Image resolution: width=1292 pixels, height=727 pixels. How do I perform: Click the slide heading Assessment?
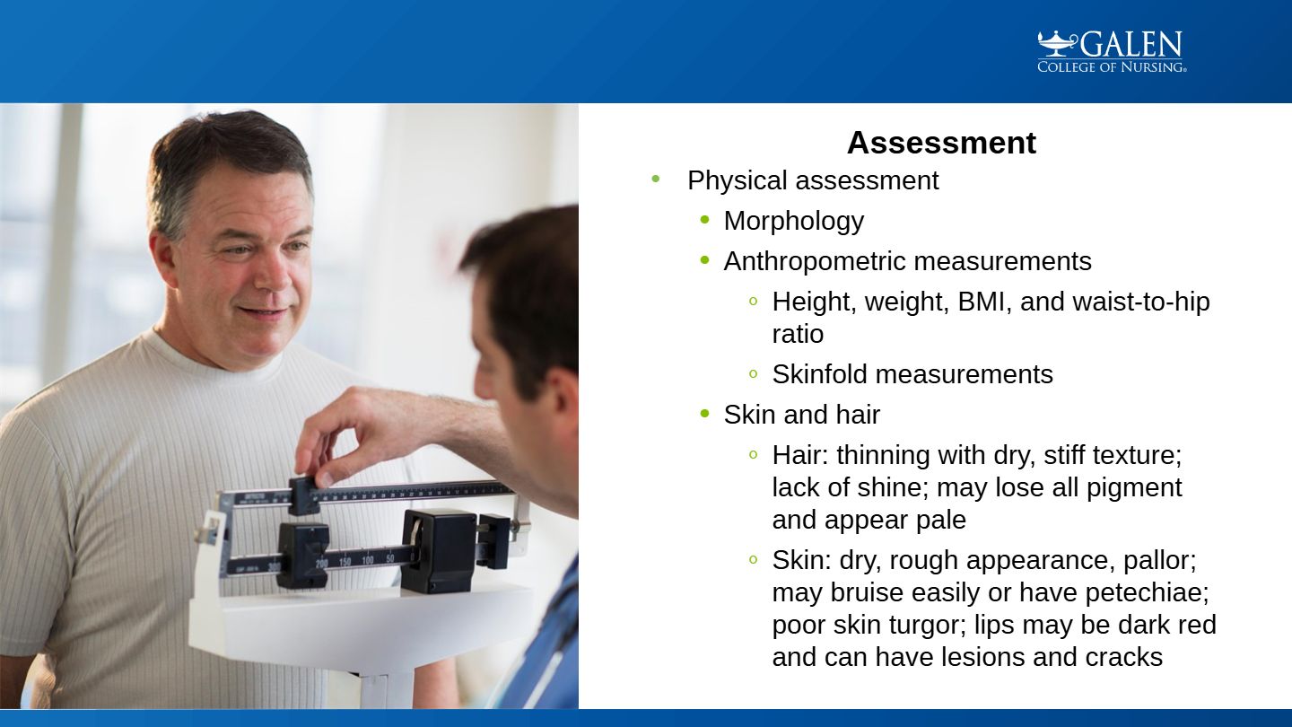[941, 143]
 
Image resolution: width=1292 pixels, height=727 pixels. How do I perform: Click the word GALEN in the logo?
[1131, 45]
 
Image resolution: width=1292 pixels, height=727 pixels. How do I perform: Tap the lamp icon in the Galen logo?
[1058, 43]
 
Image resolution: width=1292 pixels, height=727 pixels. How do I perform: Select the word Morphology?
[794, 221]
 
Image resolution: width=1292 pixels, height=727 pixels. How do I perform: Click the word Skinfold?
[820, 374]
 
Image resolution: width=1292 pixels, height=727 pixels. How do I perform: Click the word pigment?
[1134, 488]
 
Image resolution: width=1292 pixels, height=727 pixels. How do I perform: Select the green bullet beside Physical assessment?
[655, 179]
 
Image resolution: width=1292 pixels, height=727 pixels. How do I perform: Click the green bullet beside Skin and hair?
[704, 413]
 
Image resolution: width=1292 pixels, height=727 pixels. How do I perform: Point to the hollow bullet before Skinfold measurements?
[753, 373]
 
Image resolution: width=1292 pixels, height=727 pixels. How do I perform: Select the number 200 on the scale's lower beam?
[321, 563]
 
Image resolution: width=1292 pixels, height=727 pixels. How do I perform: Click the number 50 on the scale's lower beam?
[390, 558]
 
